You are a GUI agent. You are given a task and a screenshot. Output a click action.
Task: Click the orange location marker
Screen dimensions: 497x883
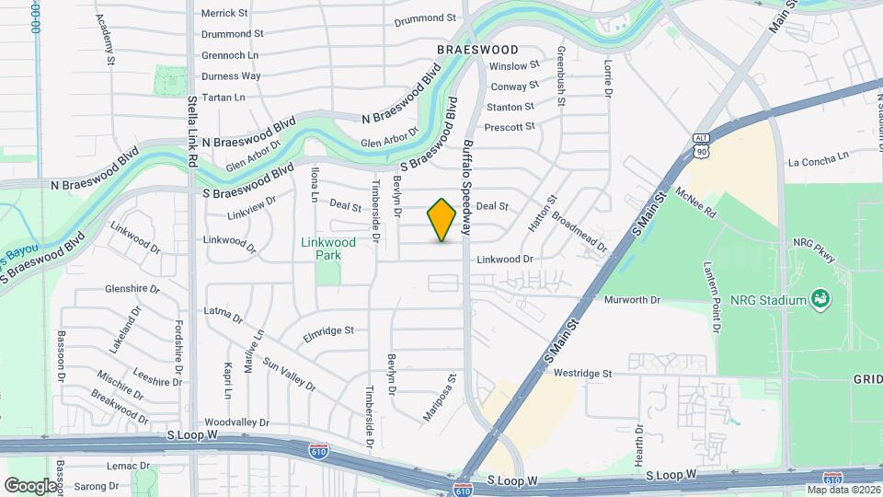pos(442,220)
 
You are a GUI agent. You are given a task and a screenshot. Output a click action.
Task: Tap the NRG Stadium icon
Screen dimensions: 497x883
pos(819,298)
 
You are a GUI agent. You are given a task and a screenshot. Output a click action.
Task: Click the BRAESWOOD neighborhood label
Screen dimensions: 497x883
pos(477,50)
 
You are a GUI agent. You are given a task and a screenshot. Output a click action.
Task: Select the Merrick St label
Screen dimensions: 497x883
pos(224,13)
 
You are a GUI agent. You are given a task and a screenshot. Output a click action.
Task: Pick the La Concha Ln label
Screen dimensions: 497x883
pos(818,161)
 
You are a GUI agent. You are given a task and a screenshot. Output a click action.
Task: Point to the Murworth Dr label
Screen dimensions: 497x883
pos(632,300)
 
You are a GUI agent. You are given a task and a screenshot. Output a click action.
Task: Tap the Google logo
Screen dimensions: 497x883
pos(30,485)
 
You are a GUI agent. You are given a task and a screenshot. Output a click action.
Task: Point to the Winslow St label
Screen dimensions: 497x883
pos(514,66)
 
